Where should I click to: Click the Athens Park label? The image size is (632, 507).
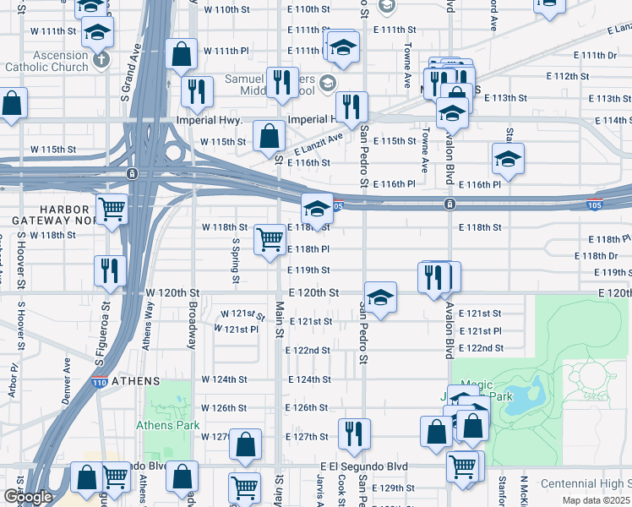point(169,425)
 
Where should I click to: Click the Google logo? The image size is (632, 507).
point(27,497)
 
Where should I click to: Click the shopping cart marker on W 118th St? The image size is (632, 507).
point(270,239)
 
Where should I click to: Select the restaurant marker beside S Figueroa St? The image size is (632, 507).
point(111,270)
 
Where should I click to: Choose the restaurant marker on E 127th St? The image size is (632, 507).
point(354,433)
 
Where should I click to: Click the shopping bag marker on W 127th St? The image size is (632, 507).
point(245,443)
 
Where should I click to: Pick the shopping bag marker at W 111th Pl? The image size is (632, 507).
point(182,55)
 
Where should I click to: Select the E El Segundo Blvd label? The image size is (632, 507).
point(364,466)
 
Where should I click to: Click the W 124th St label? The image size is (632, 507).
point(225,379)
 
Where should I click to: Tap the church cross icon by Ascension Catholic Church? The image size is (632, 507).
point(101,59)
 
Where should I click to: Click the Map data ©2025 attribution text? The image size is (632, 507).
point(597,500)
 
